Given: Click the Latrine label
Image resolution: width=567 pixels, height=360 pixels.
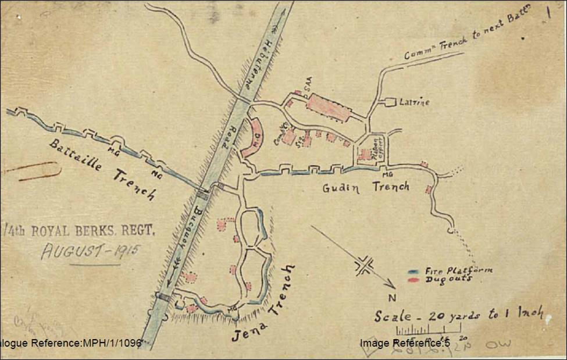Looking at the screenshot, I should pos(415,102).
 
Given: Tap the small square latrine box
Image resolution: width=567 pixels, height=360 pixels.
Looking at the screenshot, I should pos(390,102).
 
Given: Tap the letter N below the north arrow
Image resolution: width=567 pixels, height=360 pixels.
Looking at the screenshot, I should pos(393,298).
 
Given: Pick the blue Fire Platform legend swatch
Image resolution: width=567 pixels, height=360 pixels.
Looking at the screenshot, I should pos(414,272).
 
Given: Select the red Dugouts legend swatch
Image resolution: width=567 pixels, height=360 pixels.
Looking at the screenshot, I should pos(414,280).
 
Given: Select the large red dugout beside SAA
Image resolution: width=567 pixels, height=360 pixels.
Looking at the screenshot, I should pos(328,107).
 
